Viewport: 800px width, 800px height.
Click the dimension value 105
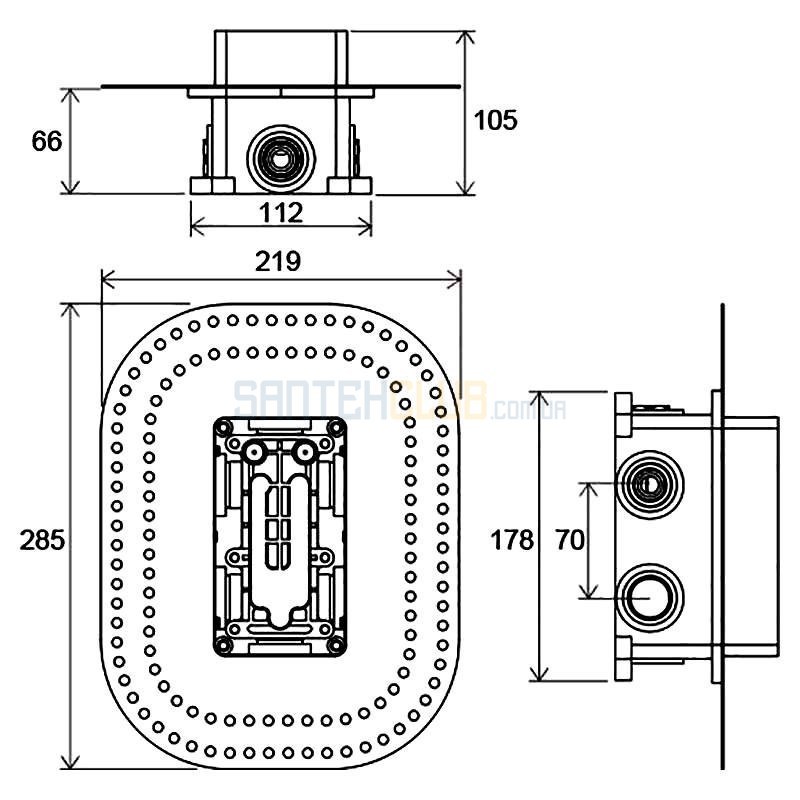(x=495, y=120)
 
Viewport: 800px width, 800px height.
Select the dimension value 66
(x=46, y=141)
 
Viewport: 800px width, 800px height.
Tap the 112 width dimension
(x=281, y=212)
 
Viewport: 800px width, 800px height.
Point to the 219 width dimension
(x=278, y=262)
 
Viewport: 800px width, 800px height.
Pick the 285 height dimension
(x=42, y=540)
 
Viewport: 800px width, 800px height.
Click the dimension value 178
(x=512, y=540)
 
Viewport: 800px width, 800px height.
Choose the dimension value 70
(x=569, y=540)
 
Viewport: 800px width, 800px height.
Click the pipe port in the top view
(x=281, y=159)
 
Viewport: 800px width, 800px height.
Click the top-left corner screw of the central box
(x=224, y=427)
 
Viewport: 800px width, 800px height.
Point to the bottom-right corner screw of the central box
(x=336, y=645)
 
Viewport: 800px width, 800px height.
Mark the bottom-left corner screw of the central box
(x=224, y=645)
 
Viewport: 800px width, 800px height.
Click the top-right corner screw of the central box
(x=336, y=427)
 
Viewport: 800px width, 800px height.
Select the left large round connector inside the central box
(x=254, y=452)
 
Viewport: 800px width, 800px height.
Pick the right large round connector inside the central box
(x=305, y=452)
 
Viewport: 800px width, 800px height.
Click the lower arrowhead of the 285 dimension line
(x=70, y=760)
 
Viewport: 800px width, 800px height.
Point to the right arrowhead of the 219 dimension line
(x=454, y=280)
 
